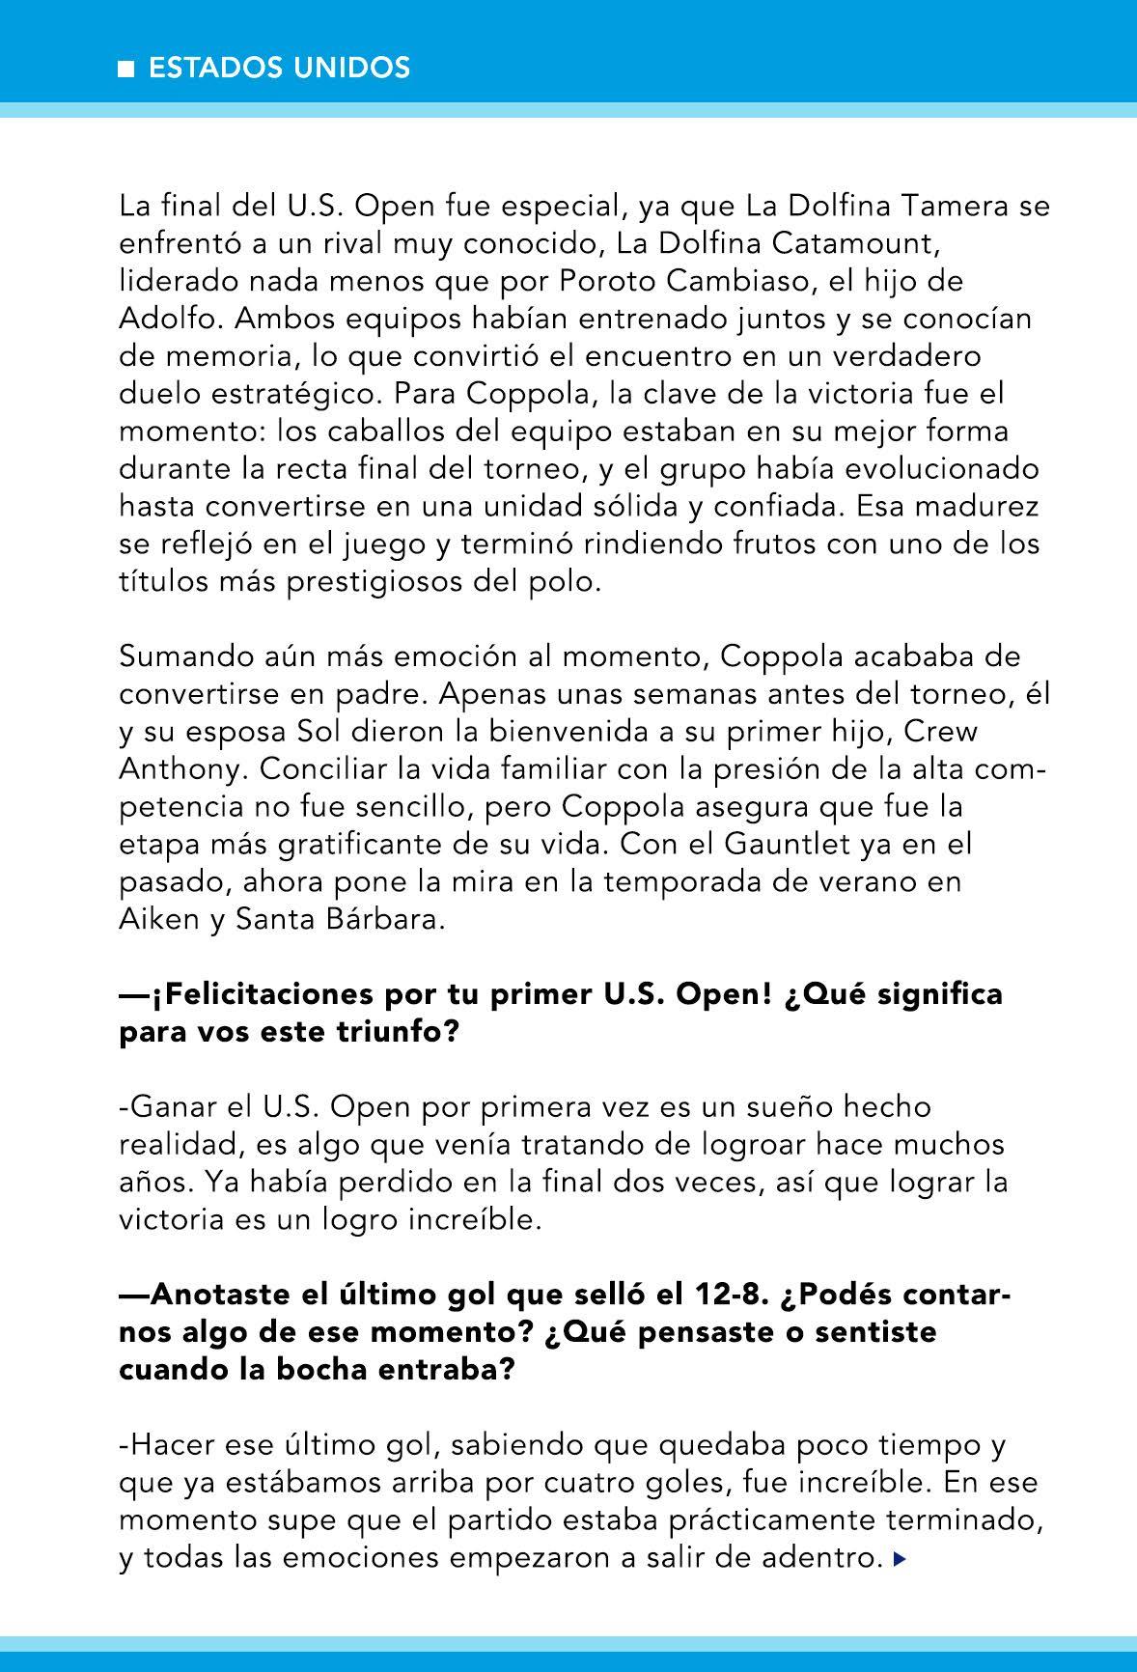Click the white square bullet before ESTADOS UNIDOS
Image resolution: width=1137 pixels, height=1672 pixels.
pyautogui.click(x=126, y=70)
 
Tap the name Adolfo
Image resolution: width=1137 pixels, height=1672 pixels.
pyautogui.click(x=169, y=319)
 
